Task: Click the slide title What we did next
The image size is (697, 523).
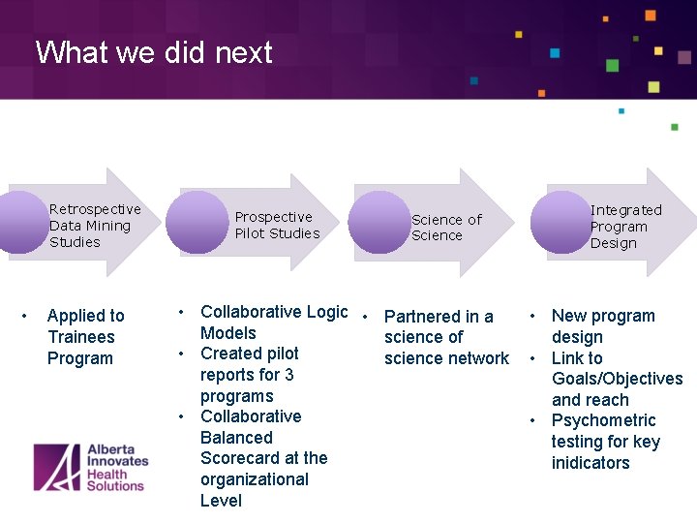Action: [x=154, y=52]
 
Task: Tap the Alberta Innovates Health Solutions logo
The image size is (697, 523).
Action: [x=89, y=468]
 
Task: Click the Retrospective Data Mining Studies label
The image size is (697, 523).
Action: [x=95, y=226]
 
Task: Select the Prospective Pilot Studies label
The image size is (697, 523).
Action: [x=277, y=226]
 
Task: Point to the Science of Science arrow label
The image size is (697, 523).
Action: [x=445, y=228]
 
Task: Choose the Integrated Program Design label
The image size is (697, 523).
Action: [x=625, y=227]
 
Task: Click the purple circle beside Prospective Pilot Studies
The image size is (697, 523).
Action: [x=197, y=222]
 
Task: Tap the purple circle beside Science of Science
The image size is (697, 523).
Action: [x=379, y=223]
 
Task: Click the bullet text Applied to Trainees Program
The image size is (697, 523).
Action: [x=85, y=337]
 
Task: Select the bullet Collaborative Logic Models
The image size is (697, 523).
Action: [x=273, y=322]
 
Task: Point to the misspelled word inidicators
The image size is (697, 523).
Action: [x=591, y=463]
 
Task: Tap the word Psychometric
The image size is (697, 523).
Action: [x=603, y=420]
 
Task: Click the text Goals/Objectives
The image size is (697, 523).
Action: [x=617, y=379]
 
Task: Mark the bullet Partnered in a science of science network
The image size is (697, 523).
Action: [x=445, y=337]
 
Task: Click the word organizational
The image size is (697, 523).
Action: [x=254, y=479]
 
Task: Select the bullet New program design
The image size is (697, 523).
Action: [x=602, y=326]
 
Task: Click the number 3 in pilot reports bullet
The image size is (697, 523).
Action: [x=288, y=375]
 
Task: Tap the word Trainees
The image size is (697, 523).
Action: [x=80, y=337]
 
